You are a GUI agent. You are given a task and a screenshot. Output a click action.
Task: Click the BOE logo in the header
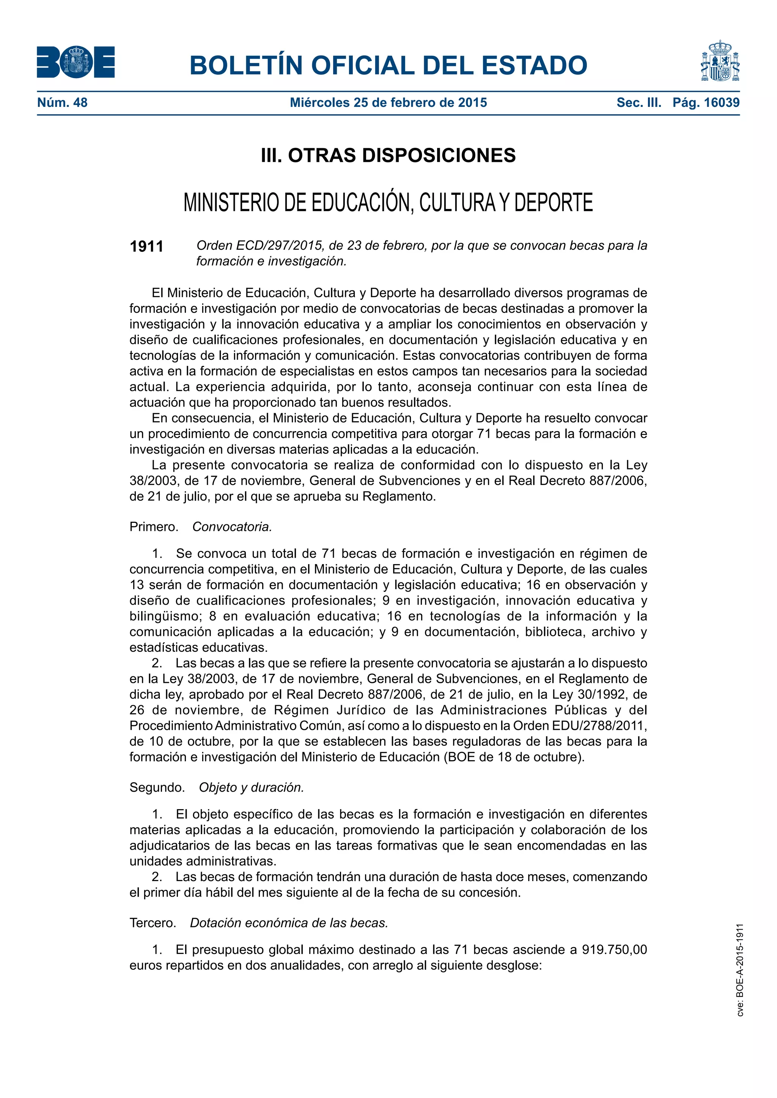[75, 62]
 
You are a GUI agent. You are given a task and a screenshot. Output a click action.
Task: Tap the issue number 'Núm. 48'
[62, 102]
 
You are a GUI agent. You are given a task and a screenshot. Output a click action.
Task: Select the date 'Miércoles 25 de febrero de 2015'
[388, 102]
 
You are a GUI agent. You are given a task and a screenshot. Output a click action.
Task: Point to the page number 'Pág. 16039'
[706, 102]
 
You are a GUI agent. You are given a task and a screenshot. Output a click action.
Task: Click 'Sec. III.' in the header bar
[639, 102]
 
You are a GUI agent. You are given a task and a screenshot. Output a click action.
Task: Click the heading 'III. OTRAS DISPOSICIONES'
[388, 155]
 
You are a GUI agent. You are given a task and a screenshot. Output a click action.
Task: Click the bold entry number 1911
[146, 246]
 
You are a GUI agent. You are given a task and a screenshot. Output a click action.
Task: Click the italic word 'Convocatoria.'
[232, 527]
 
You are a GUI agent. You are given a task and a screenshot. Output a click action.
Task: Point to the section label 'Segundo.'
[157, 787]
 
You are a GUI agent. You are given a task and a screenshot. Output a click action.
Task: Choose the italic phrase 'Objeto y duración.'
[251, 787]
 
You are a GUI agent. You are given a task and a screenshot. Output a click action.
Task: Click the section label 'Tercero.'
[153, 922]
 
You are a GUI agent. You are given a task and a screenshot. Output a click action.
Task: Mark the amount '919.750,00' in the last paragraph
[614, 949]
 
